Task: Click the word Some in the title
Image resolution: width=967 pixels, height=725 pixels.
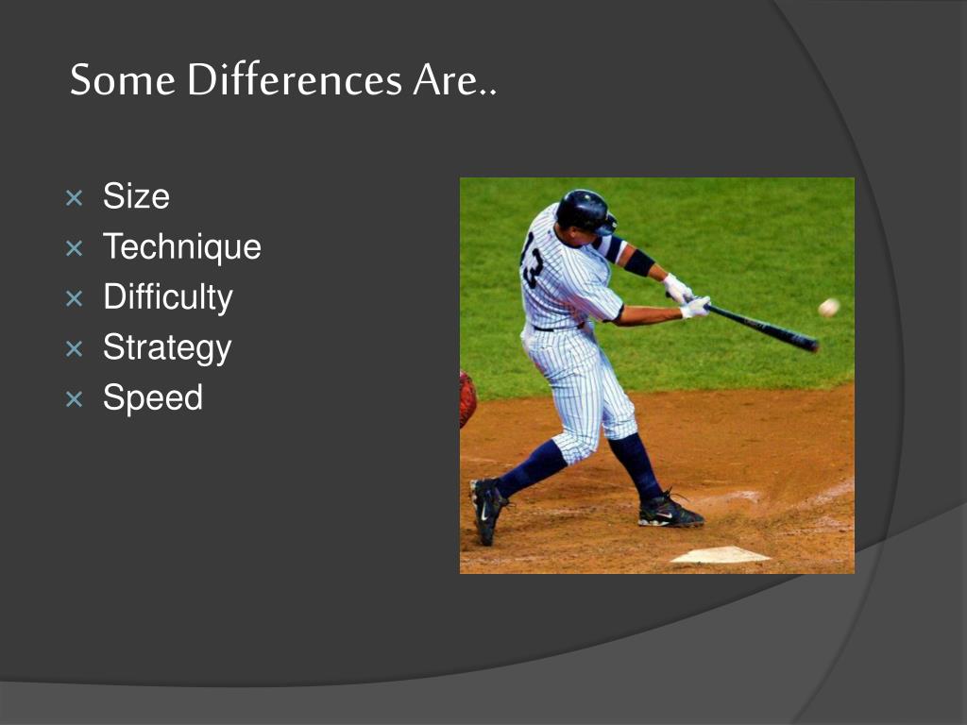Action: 123,79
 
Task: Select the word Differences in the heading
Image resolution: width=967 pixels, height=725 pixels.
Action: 295,79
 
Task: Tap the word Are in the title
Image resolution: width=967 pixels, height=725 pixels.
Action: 446,79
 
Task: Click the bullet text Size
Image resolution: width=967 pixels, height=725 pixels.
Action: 136,196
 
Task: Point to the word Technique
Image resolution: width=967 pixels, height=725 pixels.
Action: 182,247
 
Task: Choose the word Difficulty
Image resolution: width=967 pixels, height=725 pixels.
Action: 168,297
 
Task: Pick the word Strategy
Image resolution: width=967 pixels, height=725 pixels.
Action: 167,348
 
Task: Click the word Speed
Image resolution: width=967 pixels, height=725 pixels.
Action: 152,397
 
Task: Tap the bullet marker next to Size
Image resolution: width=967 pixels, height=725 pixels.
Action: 74,198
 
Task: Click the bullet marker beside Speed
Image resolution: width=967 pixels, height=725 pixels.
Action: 74,399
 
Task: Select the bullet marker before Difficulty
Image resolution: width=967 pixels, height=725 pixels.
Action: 74,299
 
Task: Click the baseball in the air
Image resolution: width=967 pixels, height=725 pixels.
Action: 829,307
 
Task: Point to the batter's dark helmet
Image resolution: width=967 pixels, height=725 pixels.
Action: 585,211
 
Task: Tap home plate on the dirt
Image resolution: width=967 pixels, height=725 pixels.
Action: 721,555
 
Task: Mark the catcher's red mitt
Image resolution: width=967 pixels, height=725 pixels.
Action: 467,399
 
